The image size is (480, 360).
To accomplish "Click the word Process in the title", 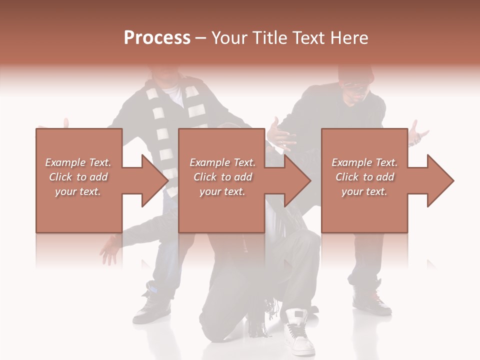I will (157, 38).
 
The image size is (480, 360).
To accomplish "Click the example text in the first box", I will (78, 177).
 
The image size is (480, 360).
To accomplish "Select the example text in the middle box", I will (222, 177).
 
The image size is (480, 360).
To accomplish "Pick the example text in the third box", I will (364, 177).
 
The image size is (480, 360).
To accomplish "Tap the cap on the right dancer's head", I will (356, 75).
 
